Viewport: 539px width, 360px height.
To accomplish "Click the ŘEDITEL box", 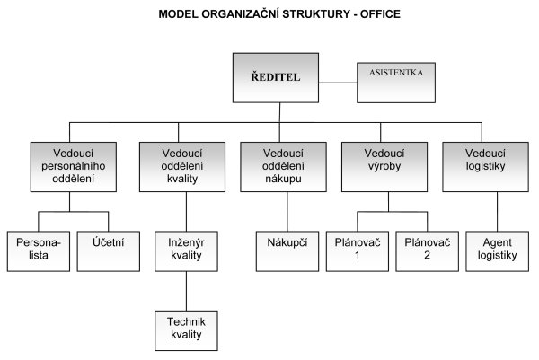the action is coord(276,77).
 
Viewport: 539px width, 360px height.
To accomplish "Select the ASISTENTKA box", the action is coord(396,83).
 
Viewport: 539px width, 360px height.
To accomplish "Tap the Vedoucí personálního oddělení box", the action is coord(74,167).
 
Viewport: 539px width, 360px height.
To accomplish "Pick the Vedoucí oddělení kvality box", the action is coord(182,167).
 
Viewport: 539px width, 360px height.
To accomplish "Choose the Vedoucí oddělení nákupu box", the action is coord(283,167).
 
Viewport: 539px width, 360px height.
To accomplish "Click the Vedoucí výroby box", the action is coord(384,167).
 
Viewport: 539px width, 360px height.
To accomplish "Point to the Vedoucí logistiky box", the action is coord(485,167).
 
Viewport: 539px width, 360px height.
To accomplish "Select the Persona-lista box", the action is coord(39,251).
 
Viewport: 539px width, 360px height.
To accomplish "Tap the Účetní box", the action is coord(109,251).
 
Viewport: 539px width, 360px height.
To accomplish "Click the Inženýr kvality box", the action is coord(186,251).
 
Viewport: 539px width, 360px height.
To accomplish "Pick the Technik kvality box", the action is coord(186,330).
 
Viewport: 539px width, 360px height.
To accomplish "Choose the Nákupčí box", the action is coord(287,251).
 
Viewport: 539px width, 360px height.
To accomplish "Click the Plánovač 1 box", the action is coord(358,251).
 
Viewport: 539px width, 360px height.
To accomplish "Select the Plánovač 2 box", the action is coord(428,251).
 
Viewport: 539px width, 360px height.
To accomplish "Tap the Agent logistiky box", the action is coord(498,251).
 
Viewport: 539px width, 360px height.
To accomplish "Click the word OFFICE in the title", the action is coord(380,14).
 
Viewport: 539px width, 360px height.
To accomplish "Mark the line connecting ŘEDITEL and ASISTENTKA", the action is coord(338,83).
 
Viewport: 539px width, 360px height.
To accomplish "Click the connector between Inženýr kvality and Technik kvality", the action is coord(186,291).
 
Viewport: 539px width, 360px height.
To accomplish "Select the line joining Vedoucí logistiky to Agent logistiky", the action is coord(498,212).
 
